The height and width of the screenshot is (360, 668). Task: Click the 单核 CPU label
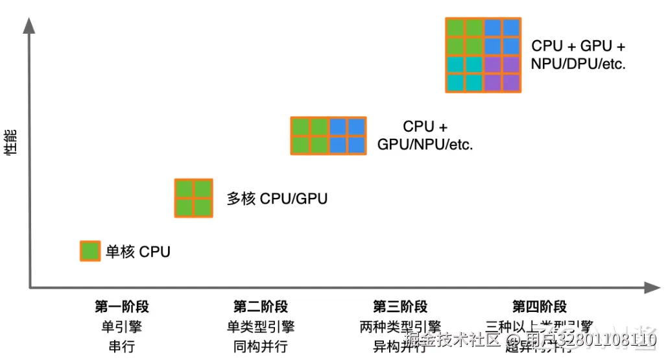click(x=138, y=252)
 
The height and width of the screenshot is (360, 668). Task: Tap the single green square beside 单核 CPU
click(x=90, y=251)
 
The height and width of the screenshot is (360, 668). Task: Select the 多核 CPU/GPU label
click(x=276, y=198)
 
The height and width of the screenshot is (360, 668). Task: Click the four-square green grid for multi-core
click(x=194, y=198)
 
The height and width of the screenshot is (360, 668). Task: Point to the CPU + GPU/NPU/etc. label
click(x=425, y=136)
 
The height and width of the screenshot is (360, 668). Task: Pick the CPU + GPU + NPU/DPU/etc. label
click(x=578, y=55)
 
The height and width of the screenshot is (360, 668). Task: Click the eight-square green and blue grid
click(x=328, y=136)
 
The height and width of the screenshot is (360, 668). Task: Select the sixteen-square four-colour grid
click(x=483, y=55)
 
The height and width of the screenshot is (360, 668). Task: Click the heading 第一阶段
click(x=122, y=307)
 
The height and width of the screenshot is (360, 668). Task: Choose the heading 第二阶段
click(x=261, y=307)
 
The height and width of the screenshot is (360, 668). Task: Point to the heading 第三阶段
click(x=400, y=307)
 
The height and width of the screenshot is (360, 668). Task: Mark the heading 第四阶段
click(x=540, y=307)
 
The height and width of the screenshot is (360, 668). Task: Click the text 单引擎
click(x=122, y=326)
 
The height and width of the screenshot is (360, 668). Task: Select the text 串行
click(x=122, y=346)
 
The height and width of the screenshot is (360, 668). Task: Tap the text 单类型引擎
click(x=261, y=326)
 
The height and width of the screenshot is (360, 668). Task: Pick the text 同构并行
click(x=261, y=346)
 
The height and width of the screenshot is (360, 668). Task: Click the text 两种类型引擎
click(x=400, y=326)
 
